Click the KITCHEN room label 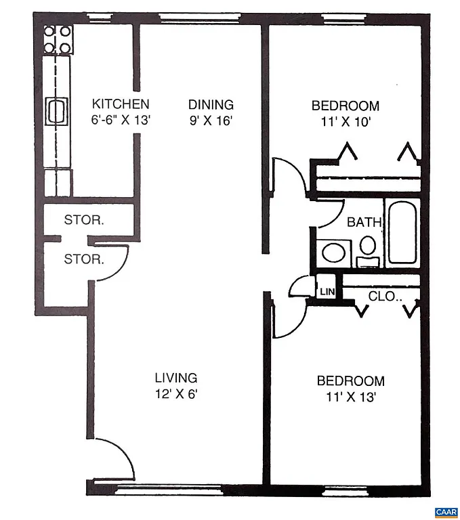coord(121,104)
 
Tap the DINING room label coord(211,104)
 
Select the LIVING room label coord(175,378)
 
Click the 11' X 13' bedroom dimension coord(350,397)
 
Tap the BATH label coord(364,221)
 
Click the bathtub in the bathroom coord(404,232)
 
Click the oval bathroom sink coord(333,253)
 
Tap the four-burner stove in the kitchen coord(58,39)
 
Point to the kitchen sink coord(57,110)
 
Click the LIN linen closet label coord(327,292)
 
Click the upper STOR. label coord(84,219)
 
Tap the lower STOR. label coord(84,259)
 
